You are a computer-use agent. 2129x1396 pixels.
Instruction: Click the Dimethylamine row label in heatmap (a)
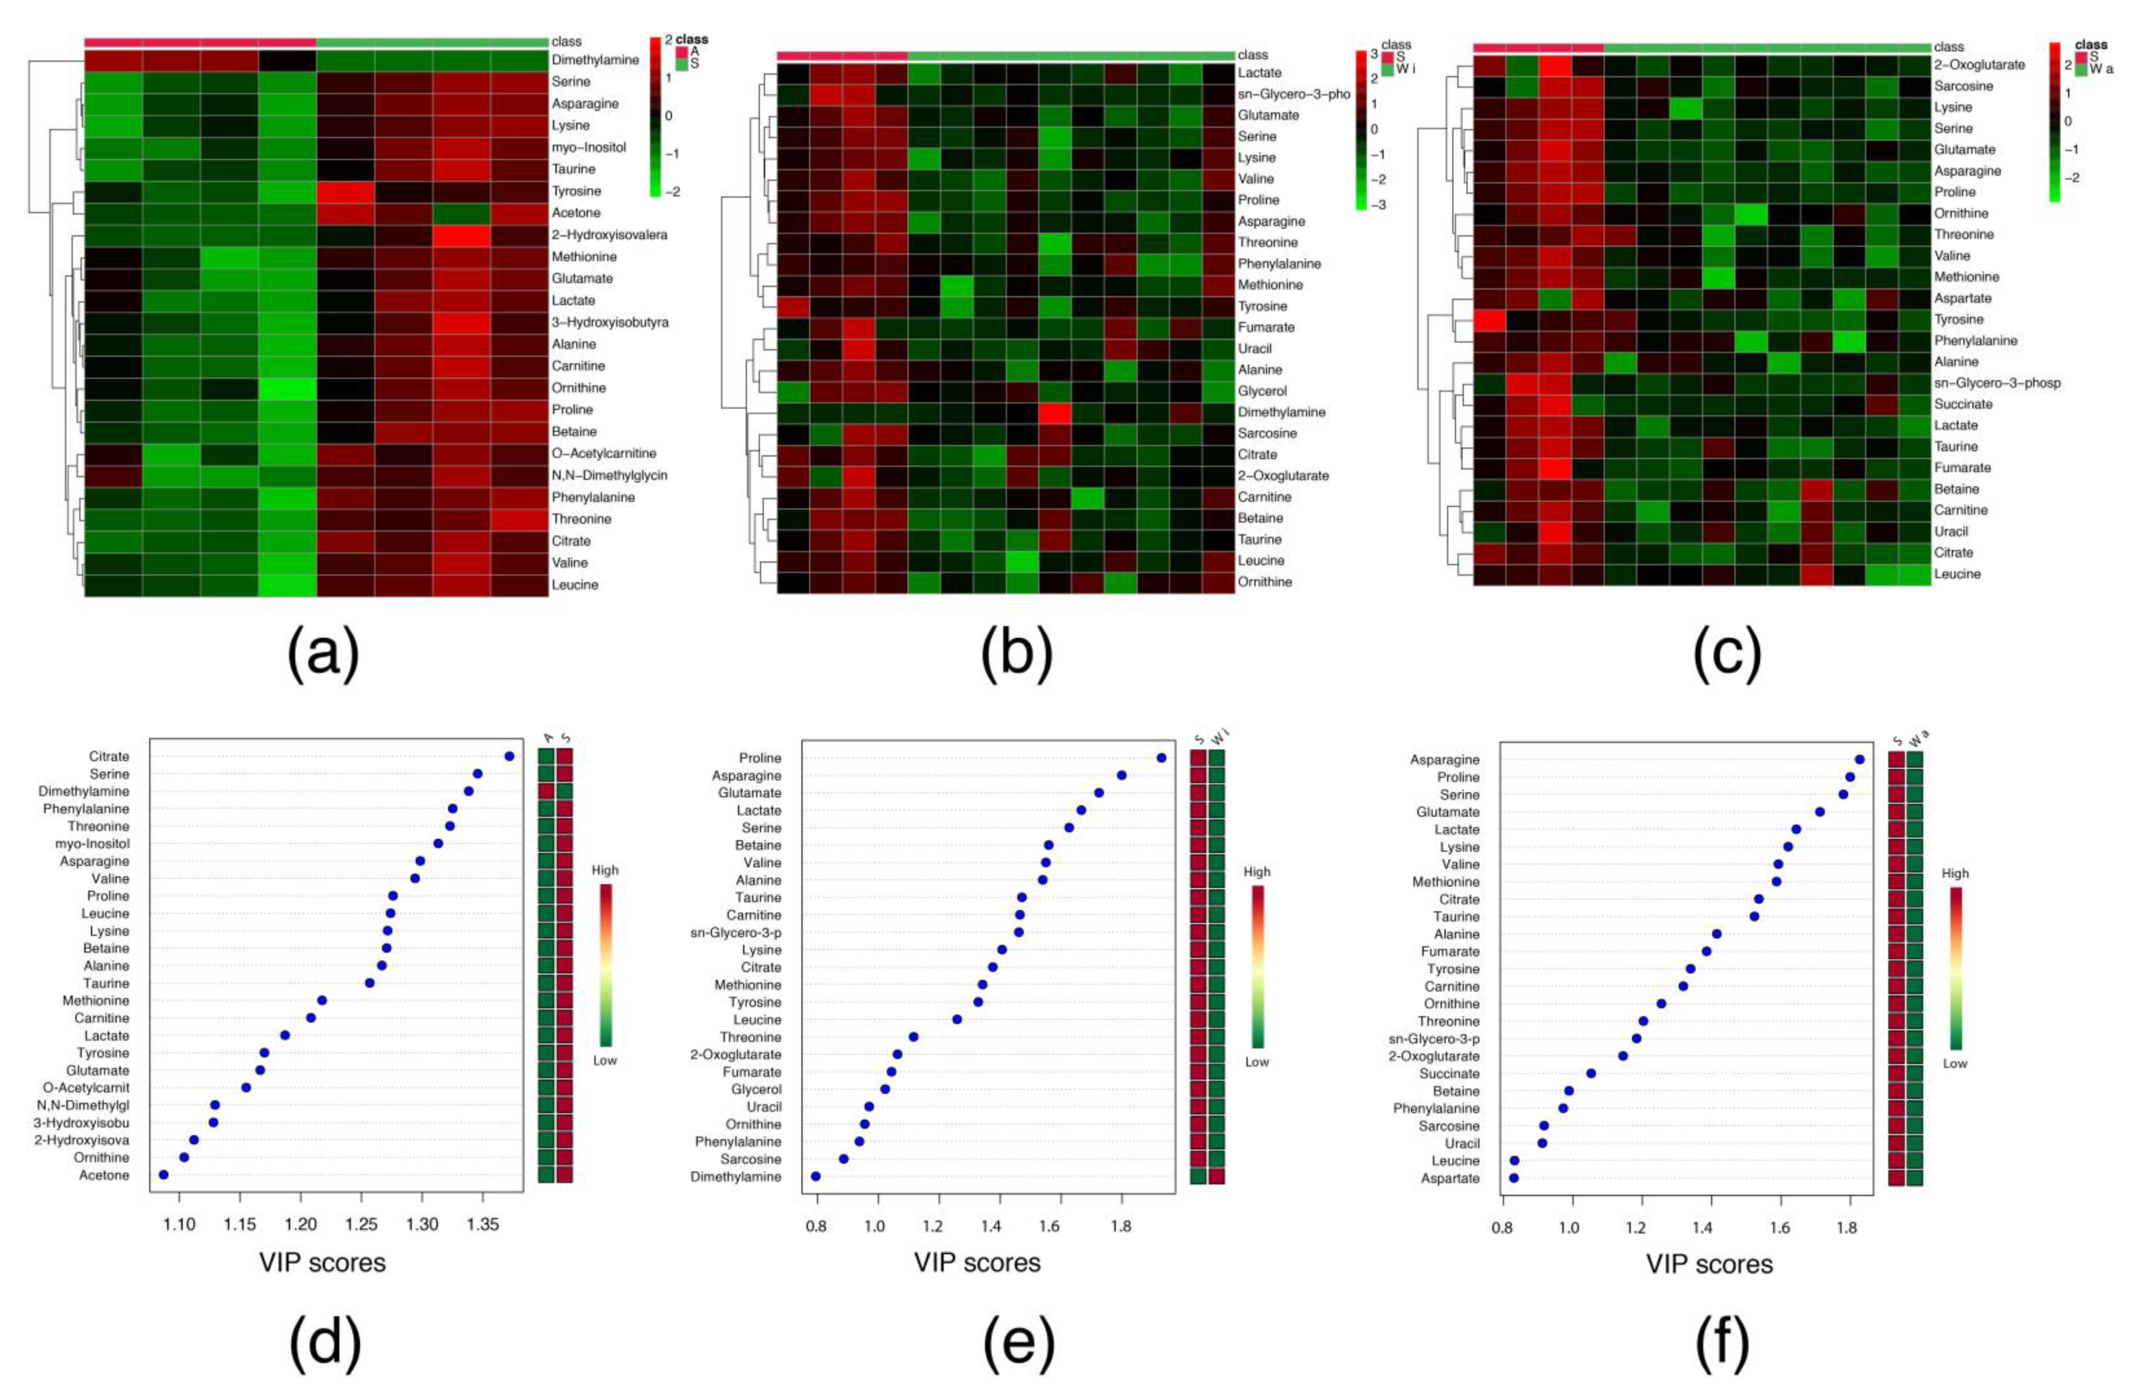pos(595,60)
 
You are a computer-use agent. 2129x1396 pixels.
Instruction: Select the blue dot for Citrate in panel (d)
pos(509,756)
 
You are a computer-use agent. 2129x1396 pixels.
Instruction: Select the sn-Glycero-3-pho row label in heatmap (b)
pos(1293,94)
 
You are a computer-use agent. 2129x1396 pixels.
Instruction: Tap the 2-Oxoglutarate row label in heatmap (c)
pos(1979,65)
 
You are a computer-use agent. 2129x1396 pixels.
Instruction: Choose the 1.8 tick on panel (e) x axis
pos(1121,1226)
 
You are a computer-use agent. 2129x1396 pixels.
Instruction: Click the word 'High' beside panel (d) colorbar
pos(605,870)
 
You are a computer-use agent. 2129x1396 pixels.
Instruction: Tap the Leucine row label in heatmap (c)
pos(1957,573)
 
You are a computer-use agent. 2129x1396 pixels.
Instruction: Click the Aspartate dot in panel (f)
pos(1514,1178)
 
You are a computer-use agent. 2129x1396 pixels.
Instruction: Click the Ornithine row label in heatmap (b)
pos(1265,582)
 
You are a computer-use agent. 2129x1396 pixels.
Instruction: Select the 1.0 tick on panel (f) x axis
pos(1570,1228)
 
